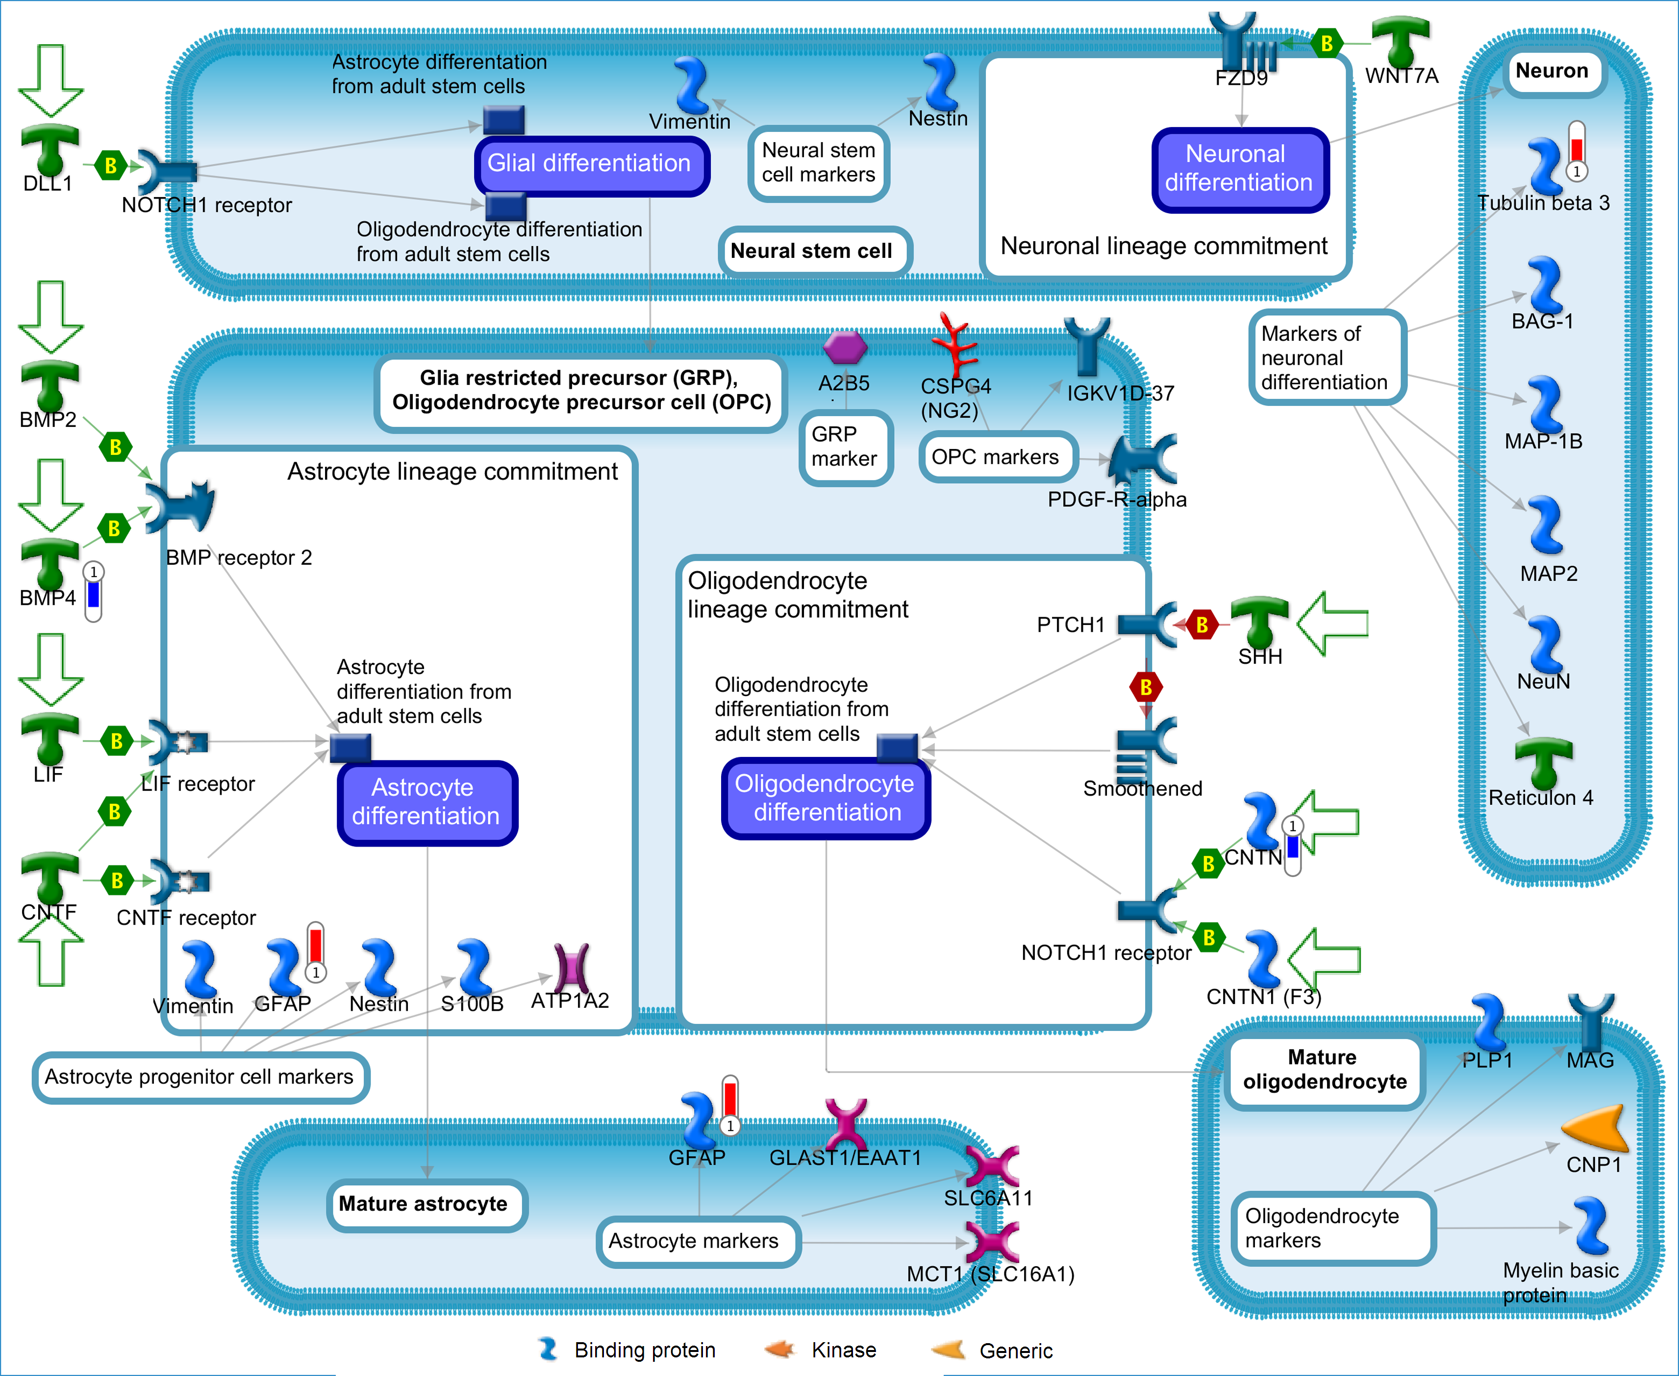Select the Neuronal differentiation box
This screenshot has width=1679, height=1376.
[x=1240, y=170]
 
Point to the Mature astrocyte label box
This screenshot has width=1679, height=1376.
[x=426, y=1205]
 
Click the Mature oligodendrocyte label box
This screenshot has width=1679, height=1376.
[x=1324, y=1070]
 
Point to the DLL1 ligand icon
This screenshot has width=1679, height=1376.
[x=50, y=149]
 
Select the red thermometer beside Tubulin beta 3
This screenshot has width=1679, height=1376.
[x=1577, y=150]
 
